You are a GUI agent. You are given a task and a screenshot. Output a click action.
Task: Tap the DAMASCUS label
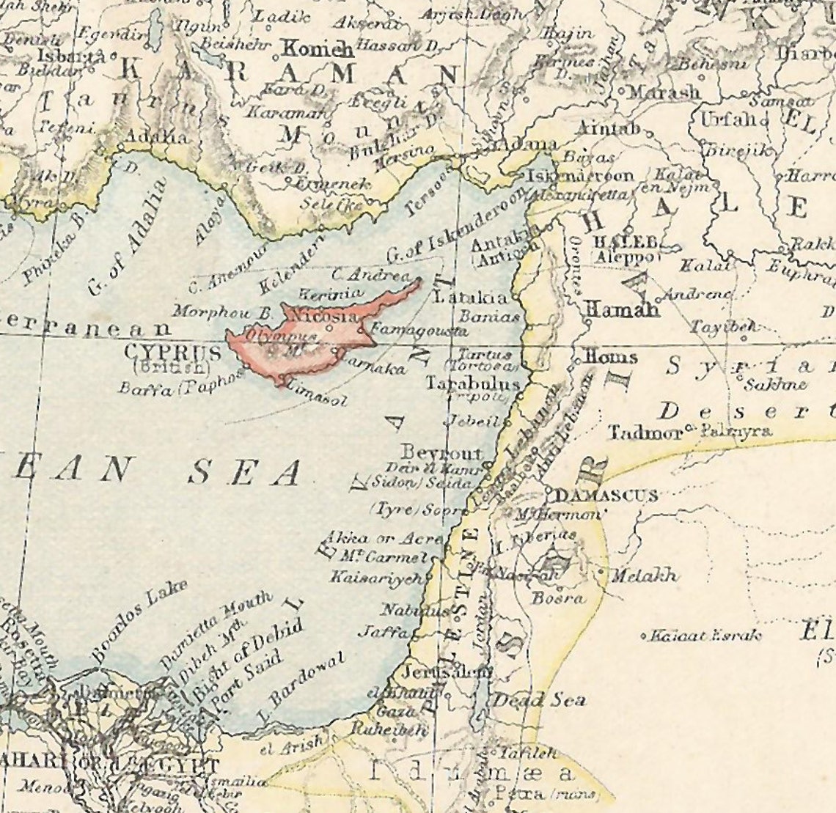(605, 496)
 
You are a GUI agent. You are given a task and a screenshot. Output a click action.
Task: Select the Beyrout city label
(441, 452)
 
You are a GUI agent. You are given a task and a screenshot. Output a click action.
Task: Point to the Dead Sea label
(538, 700)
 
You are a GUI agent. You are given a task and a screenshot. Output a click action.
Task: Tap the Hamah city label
(621, 310)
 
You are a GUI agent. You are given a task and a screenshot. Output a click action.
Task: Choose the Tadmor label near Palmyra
(645, 433)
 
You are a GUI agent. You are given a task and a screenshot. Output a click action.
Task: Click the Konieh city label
(318, 50)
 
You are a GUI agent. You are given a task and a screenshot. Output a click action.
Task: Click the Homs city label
(610, 357)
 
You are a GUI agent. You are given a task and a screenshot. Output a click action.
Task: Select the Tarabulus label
(473, 383)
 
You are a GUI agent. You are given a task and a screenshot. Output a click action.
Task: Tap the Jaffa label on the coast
(382, 631)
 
